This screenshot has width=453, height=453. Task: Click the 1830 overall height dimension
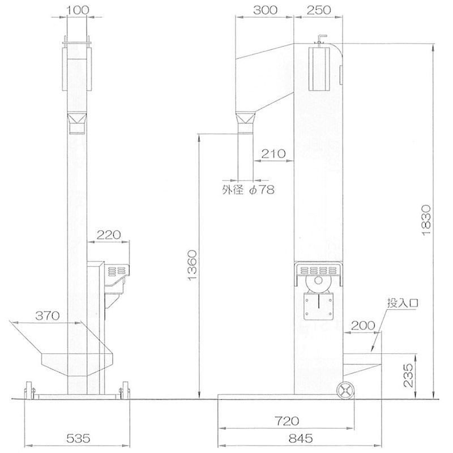[x=426, y=220]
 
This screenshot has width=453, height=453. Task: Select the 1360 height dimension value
[x=192, y=266]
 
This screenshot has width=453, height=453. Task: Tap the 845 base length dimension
[x=301, y=438]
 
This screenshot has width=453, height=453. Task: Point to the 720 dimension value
[x=287, y=421]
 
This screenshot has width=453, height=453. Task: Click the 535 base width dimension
[x=78, y=438]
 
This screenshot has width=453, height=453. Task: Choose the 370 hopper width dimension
[x=48, y=316]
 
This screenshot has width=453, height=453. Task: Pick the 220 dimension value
[x=109, y=235]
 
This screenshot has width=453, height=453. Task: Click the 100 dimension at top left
[x=78, y=10]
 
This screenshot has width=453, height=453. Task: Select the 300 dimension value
[x=265, y=10]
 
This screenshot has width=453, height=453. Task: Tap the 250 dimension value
[x=319, y=10]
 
